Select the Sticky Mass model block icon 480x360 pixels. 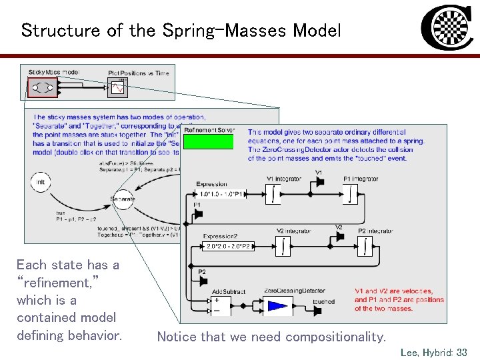pyautogui.click(x=43, y=87)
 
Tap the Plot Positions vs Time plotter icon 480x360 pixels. pyautogui.click(x=117, y=87)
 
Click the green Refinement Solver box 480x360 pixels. pyautogui.click(x=208, y=141)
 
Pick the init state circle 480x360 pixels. pyautogui.click(x=41, y=182)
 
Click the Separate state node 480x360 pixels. pyautogui.click(x=121, y=199)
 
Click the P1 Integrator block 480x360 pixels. pyautogui.click(x=351, y=194)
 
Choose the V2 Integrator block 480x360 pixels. pyautogui.click(x=285, y=246)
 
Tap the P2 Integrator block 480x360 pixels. pyautogui.click(x=366, y=246)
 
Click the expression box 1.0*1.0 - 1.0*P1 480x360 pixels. pyautogui.click(x=222, y=194)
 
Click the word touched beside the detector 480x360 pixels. pyautogui.click(x=323, y=302)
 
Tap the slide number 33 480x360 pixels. pyautogui.click(x=461, y=352)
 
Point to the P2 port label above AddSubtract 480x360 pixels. pyautogui.click(x=202, y=272)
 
